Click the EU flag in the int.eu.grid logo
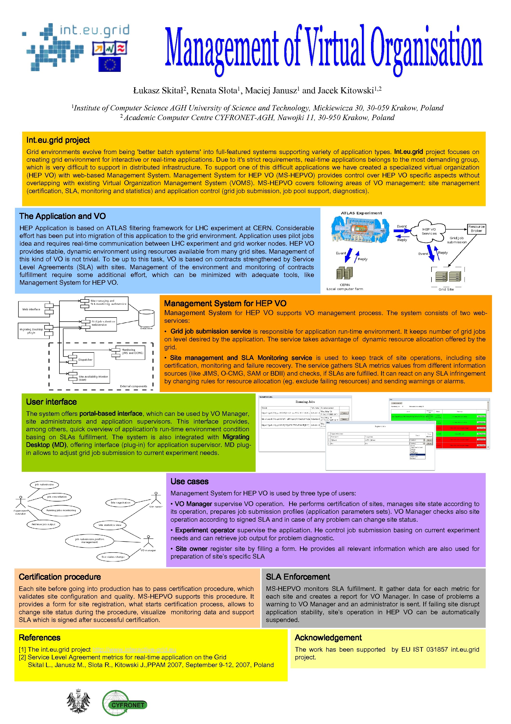coord(109,64)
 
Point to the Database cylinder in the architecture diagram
coord(146,318)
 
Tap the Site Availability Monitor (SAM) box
coord(91,377)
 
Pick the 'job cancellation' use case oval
coord(57,497)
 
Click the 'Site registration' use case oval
coord(120,502)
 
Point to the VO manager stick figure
coord(148,541)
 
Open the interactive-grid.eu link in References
coord(134,649)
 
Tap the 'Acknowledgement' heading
coord(328,638)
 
